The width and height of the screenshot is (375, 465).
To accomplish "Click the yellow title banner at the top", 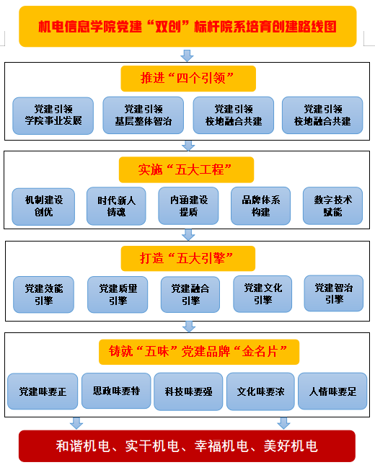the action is point(187,27).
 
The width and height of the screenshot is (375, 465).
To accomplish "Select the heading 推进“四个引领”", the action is point(188,79).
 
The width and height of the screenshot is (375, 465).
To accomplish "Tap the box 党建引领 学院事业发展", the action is point(53,115).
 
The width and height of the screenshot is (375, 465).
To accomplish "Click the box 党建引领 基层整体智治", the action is point(144,115).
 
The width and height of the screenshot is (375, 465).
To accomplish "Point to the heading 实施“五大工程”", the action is point(186,169).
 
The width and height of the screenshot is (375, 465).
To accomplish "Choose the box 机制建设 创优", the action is point(43,206).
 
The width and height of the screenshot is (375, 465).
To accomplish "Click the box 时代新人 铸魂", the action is point(116,206).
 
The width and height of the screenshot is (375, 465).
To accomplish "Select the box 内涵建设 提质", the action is point(188,205).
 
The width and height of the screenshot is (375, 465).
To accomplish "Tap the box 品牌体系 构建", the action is point(261,205).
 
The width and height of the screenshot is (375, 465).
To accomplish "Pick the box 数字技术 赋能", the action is point(333,205).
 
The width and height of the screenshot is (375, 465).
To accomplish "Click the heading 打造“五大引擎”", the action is point(188,258).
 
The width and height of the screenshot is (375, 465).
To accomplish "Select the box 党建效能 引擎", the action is point(43,294).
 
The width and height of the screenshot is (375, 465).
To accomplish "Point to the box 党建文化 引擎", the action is point(262,294).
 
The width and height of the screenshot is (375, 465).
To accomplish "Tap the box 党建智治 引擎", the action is point(334,293).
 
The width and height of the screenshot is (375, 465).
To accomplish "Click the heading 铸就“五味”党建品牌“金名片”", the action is point(199,352).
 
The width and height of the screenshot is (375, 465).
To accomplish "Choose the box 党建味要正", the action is point(43,391).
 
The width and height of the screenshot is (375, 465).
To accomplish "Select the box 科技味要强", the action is point(188,391).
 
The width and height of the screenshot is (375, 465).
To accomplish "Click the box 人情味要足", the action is point(332,391).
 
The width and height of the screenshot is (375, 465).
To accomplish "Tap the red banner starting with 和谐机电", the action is point(187,446).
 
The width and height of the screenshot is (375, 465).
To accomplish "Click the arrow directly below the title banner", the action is point(187,56).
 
